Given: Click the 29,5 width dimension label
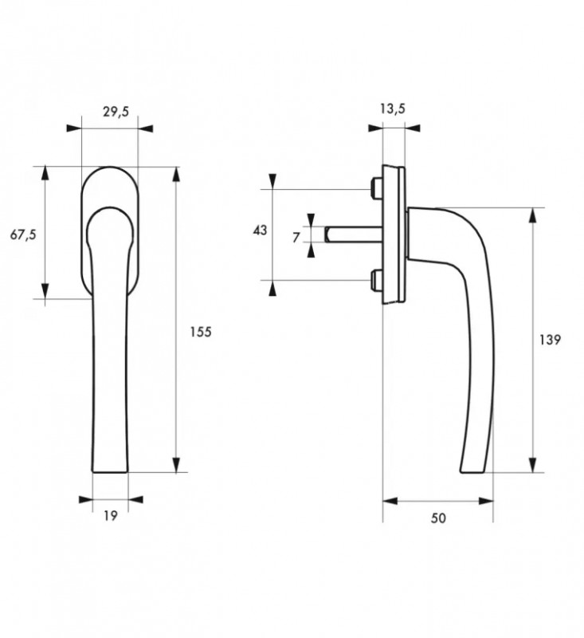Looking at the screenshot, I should pos(116,112).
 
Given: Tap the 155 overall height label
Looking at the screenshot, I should pos(202,332).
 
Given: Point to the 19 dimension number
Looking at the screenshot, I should pos(111,516).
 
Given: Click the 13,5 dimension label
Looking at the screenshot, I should pos(391,108).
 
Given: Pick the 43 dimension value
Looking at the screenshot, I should pos(260,230).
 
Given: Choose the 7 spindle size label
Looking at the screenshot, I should pos(296,237).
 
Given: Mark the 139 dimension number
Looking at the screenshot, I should pos(550,339).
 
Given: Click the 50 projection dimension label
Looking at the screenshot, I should pos(438,518).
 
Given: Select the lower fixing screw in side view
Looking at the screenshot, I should pos(376,280).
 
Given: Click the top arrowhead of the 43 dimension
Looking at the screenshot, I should pos(273,181).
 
